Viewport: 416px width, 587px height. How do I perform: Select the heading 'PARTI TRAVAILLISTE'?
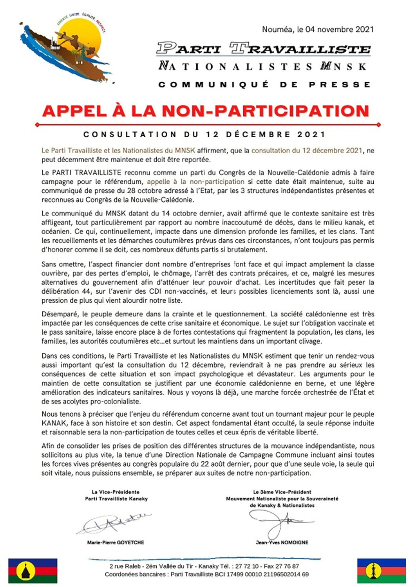tap(263, 48)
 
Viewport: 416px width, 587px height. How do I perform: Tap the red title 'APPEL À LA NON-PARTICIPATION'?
tap(206, 111)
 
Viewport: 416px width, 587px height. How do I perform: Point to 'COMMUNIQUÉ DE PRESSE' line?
tap(264, 84)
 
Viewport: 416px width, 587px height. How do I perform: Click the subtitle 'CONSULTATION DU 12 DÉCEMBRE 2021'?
tap(204, 135)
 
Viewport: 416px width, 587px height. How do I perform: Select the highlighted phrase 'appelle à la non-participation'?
tap(195, 181)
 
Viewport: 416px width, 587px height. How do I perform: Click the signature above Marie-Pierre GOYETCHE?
tap(114, 523)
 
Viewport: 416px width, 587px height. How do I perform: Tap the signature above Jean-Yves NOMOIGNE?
tap(280, 522)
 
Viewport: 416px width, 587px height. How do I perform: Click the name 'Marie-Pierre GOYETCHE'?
tap(116, 542)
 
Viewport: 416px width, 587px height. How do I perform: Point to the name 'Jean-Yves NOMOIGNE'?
tap(282, 542)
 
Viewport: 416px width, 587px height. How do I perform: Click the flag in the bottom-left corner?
tap(33, 571)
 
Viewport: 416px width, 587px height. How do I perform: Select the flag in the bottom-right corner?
tap(381, 571)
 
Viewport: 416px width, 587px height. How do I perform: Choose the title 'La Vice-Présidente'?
tap(116, 492)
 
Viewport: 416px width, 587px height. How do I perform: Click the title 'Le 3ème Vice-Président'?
tap(282, 492)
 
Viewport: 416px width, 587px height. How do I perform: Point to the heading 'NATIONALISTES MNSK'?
tap(262, 66)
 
